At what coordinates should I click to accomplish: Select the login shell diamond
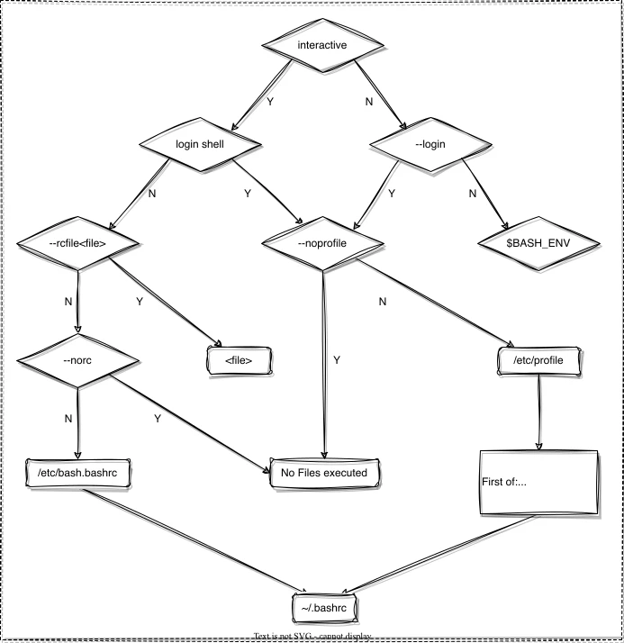199,142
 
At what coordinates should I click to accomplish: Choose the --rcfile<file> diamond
78,243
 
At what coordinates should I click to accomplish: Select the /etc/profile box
538,360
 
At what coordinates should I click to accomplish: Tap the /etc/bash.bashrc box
78,472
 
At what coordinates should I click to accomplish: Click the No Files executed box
323,472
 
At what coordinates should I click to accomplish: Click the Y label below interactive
269,102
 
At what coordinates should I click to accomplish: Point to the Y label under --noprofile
337,359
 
